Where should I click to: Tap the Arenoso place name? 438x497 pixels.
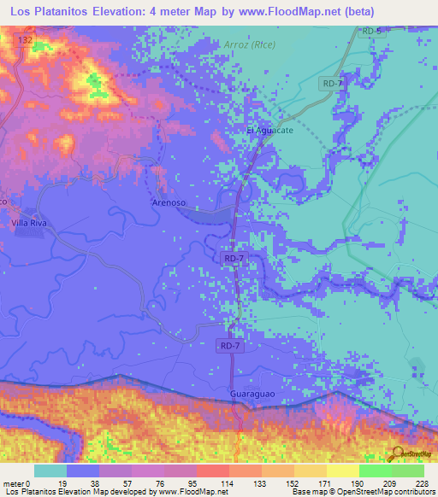[x=169, y=203]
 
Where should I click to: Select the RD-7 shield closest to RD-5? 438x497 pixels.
[x=334, y=83]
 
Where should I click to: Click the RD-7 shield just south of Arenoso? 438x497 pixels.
[x=233, y=258]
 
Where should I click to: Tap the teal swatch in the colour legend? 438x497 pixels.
[x=50, y=471]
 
